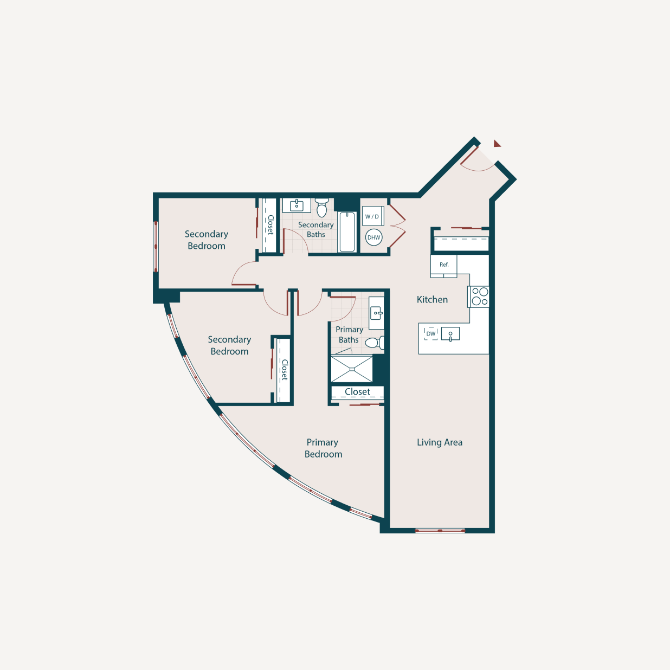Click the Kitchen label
coord(432,300)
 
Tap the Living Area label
coord(440,442)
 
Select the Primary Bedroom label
coord(323,448)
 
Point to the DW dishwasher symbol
coord(431,333)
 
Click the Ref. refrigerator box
coord(444,265)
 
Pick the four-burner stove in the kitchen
coord(480,297)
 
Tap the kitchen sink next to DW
coord(450,334)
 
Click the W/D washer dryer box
coord(372,216)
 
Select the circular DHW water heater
coord(374,237)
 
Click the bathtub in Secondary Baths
coord(347,232)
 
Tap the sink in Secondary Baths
coord(297,205)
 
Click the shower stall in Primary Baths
coord(352,369)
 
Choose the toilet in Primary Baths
coord(374,343)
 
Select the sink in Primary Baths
coord(377,313)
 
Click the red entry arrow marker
coord(497,144)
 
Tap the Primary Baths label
coord(349,334)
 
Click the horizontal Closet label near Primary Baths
coord(357,392)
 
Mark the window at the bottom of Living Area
coord(440,531)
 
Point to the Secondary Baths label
coord(315,229)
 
